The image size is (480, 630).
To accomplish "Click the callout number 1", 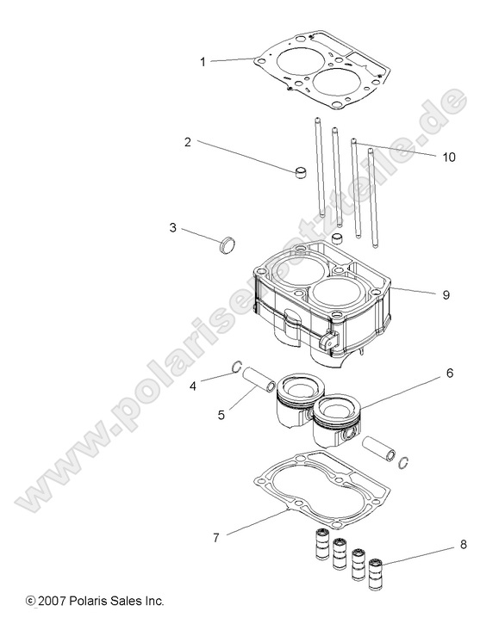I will click(203, 62).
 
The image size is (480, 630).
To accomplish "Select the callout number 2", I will click(187, 142).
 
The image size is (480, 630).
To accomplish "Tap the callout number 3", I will click(173, 228).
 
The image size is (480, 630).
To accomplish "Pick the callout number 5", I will click(221, 415).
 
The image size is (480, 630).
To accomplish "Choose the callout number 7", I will click(215, 537).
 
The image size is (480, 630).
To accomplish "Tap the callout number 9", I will click(446, 294).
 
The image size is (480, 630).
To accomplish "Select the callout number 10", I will click(447, 157).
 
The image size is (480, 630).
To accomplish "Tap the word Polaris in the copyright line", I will click(90, 601).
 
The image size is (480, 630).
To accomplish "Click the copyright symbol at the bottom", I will click(31, 601).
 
